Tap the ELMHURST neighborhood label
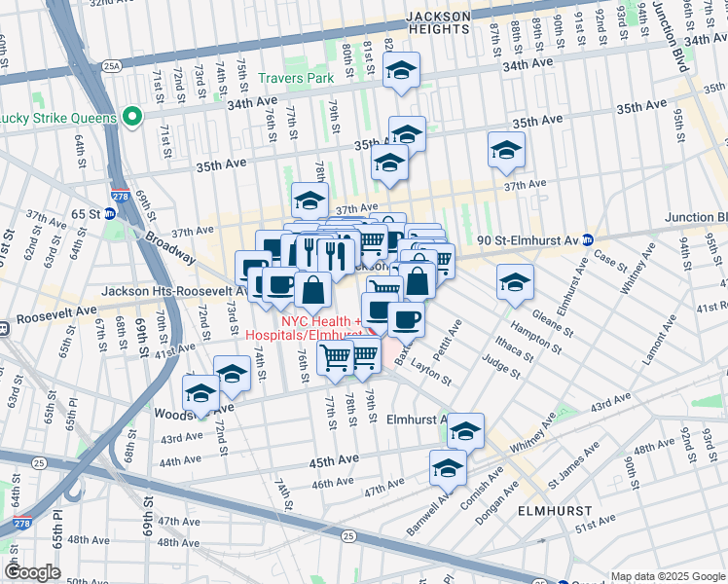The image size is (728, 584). [551, 510]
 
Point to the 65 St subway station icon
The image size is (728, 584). [111, 212]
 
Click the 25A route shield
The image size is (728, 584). [114, 65]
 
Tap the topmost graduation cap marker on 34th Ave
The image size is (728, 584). [399, 70]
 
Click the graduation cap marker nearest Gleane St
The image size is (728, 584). [515, 282]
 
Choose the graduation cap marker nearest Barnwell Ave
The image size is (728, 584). [448, 468]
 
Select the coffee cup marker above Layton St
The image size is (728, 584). [406, 318]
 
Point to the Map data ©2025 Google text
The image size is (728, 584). [668, 576]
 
